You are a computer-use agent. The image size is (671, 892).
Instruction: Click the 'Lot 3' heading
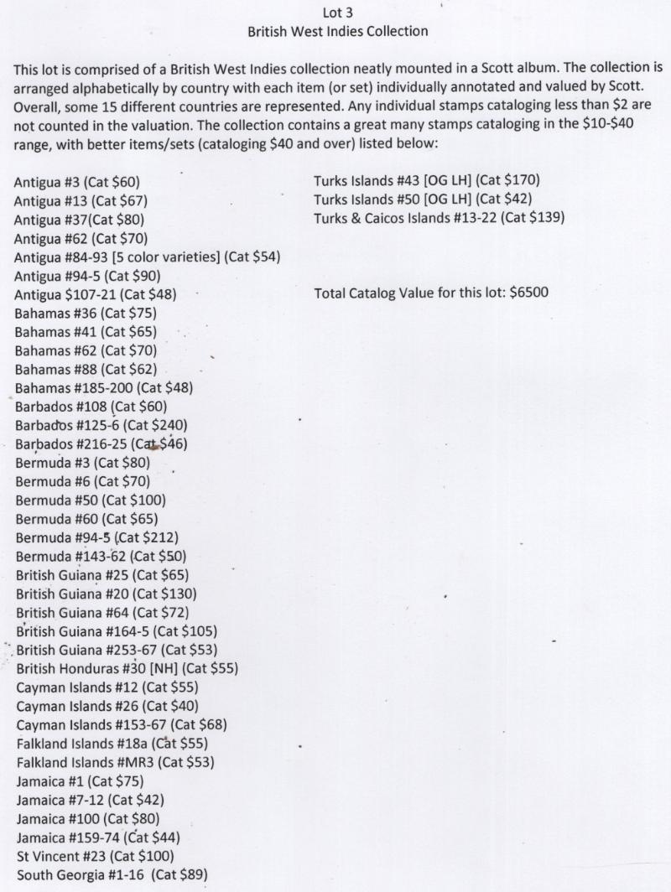338,13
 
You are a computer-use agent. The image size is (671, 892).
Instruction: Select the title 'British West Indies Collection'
338,32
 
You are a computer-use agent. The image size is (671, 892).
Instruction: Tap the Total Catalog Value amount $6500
528,293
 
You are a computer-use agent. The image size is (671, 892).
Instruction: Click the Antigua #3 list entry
77,182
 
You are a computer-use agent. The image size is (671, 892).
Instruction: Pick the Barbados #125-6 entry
101,425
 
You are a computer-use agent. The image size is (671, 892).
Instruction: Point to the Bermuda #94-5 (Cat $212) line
96,537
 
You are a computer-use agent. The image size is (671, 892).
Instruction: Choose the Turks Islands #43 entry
426,180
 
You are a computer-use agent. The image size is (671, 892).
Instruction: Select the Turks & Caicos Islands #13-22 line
439,218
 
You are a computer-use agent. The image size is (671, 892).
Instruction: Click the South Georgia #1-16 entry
112,875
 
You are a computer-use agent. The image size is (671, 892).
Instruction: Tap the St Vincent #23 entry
95,856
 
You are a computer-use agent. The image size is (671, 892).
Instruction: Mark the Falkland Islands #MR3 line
115,762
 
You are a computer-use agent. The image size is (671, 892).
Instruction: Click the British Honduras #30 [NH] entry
127,668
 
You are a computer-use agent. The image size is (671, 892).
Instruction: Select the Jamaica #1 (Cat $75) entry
80,781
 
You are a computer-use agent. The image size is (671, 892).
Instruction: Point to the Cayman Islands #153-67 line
121,725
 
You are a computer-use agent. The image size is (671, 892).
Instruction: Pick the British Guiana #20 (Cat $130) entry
107,594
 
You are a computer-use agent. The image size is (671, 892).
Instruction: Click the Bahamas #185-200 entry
103,387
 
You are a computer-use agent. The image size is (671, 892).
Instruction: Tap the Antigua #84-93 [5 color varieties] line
147,257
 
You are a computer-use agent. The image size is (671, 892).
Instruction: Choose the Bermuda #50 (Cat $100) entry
90,500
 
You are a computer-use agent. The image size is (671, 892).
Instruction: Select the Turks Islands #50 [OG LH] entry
423,200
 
